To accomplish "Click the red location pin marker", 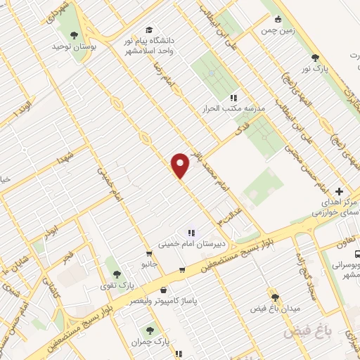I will [181, 165].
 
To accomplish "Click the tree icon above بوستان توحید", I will [73, 34].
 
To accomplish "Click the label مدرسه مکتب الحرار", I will [238, 110].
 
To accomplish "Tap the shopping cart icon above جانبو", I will [149, 253].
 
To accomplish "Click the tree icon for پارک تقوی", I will [117, 274].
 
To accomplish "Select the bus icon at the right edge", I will [356, 255].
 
